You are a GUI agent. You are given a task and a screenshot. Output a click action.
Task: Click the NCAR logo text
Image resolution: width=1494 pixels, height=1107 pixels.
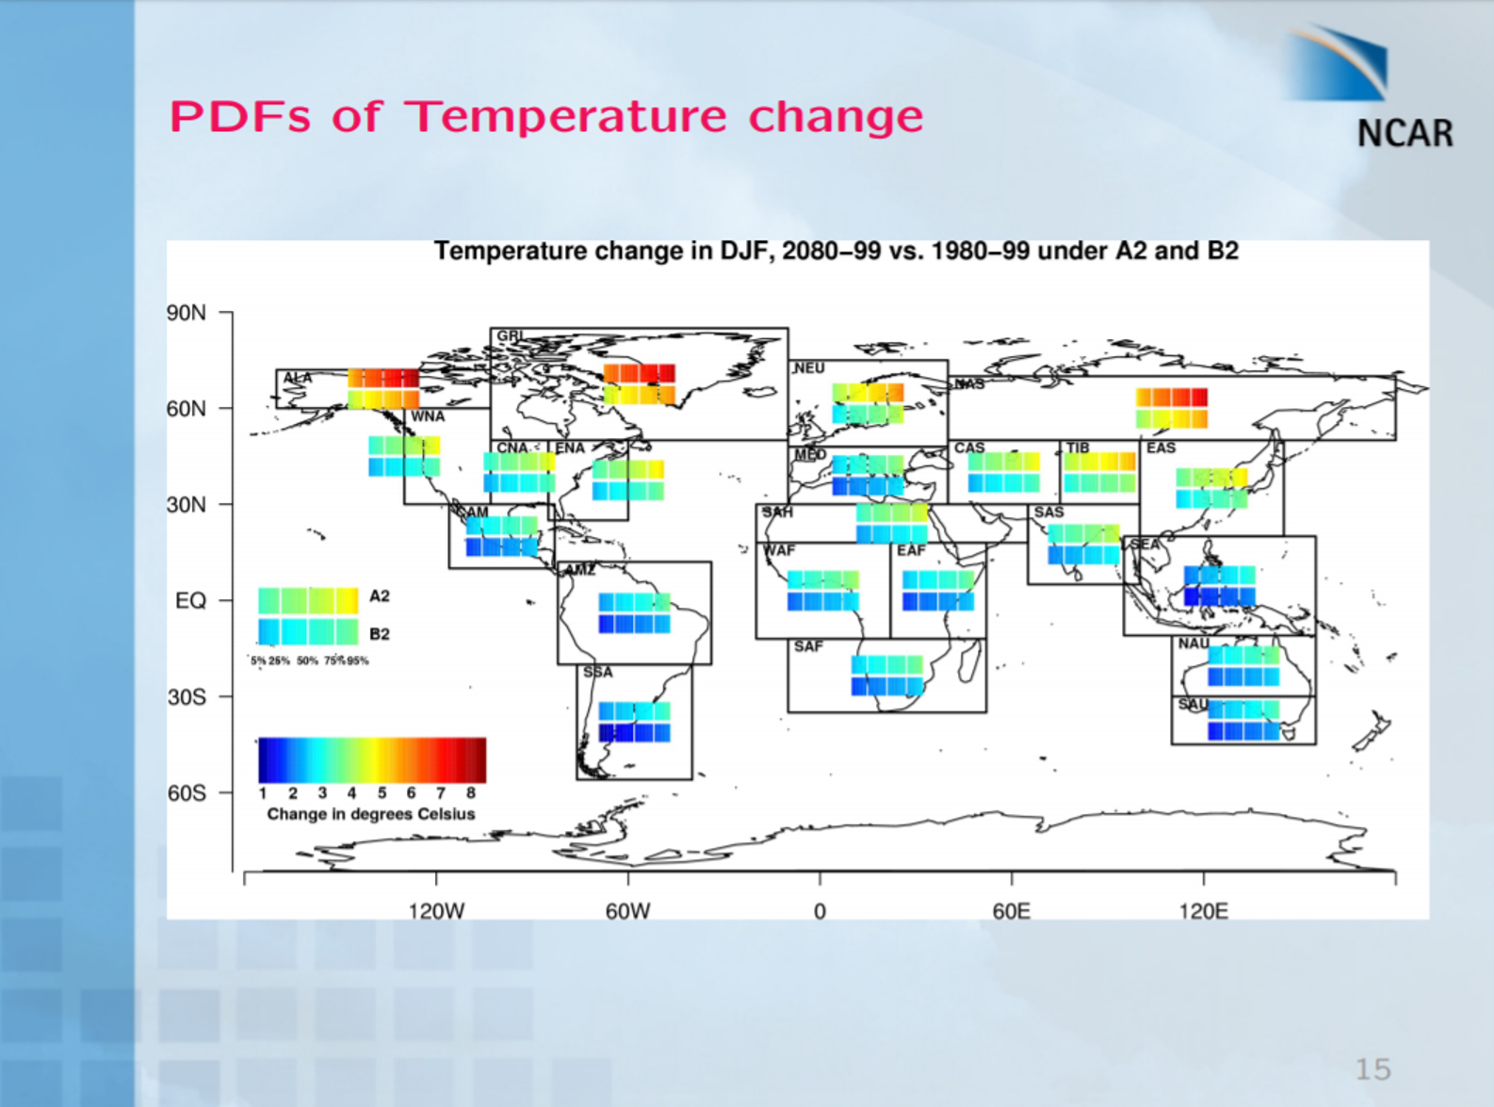coord(1405,133)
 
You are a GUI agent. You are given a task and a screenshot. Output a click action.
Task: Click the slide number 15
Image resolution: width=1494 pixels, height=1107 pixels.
coord(1372,1069)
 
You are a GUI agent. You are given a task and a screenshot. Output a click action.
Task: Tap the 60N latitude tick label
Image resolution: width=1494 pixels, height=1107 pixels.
coord(187,409)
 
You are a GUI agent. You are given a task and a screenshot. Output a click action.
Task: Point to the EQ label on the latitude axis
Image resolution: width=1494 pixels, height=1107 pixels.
coord(190,601)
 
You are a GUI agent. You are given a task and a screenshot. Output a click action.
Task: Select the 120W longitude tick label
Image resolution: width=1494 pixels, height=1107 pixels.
coord(436,911)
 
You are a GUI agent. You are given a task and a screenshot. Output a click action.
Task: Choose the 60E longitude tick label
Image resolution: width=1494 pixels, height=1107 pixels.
coord(1011,911)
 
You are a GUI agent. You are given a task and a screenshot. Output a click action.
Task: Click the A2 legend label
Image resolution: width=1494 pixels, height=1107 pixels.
coord(380,596)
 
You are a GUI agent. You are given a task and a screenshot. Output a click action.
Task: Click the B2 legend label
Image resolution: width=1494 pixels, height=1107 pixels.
coord(380,634)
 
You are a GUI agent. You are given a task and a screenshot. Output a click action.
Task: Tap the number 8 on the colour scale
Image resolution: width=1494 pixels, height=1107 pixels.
coord(471,793)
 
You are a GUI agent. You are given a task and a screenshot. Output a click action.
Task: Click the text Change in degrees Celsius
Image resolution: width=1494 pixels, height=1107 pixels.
coord(371,814)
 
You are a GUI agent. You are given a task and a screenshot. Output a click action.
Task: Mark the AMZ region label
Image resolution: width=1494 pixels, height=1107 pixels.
coord(579,570)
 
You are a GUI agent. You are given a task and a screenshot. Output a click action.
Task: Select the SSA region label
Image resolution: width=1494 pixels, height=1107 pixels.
coord(597,673)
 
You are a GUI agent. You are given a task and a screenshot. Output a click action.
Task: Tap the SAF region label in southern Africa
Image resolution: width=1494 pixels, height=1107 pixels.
coord(808,646)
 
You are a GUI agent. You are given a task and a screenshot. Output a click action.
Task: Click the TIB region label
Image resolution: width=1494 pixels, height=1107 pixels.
coord(1078,448)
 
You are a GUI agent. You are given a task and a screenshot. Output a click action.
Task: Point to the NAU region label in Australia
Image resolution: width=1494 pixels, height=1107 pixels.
coord(1194,643)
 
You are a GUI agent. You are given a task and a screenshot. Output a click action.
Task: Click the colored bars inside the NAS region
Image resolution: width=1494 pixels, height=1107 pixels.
coord(1171,409)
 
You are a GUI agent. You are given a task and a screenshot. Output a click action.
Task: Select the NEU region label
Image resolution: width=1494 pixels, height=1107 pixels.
coord(809,368)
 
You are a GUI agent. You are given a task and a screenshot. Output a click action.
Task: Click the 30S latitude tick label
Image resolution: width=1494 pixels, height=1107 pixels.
coord(187,697)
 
